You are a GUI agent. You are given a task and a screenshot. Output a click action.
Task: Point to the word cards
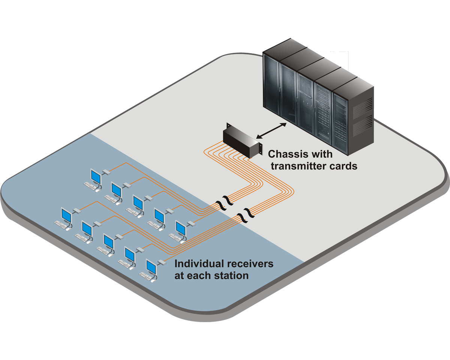coord(343,166)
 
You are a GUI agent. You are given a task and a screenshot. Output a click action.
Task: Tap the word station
coord(232,276)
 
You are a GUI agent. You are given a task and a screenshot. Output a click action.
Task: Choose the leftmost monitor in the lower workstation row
coord(66,215)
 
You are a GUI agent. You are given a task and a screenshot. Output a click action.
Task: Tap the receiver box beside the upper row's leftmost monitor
coord(106,171)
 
